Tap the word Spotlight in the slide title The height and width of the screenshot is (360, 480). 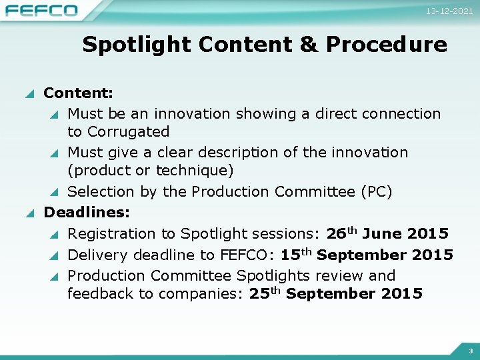(x=137, y=45)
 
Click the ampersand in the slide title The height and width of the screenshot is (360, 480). (x=309, y=45)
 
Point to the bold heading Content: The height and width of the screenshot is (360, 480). (x=78, y=93)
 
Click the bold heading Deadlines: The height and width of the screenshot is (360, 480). (x=87, y=213)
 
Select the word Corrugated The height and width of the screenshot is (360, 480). (x=127, y=131)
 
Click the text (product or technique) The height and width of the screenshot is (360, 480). (x=150, y=171)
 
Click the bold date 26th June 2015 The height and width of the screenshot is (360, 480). (x=387, y=234)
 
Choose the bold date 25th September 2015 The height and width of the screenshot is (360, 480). (x=335, y=294)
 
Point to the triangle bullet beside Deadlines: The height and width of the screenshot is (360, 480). (x=29, y=213)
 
